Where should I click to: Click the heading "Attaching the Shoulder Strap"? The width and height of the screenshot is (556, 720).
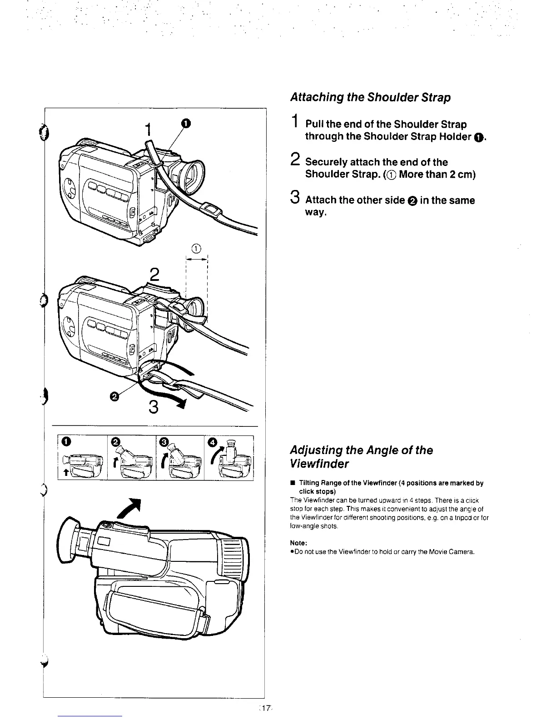(370, 98)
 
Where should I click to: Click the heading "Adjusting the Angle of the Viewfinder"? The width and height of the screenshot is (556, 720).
(361, 457)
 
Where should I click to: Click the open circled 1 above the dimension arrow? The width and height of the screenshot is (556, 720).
(196, 248)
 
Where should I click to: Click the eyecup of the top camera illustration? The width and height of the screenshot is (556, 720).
(192, 173)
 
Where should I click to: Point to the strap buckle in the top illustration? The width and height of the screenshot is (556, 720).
(210, 210)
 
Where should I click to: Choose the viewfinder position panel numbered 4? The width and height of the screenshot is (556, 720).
(229, 457)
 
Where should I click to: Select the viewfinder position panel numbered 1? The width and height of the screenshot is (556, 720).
(83, 457)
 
